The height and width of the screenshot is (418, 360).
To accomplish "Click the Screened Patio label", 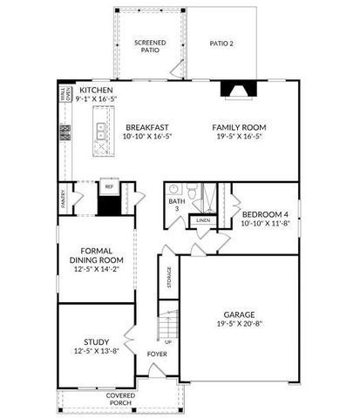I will [150, 45].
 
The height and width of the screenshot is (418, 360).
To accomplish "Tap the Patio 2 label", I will [222, 43].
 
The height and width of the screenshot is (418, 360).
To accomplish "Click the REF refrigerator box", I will [109, 186].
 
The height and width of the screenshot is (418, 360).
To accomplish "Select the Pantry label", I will [63, 199].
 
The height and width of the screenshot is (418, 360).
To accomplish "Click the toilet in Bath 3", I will [174, 191].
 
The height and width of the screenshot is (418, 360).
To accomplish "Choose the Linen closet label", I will [203, 220].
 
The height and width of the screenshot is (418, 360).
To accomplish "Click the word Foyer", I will [157, 354].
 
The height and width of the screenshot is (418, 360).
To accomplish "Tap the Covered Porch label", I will [121, 399].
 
